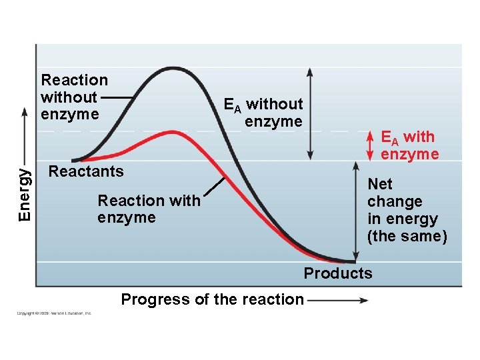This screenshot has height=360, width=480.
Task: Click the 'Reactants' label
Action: coord(86,171)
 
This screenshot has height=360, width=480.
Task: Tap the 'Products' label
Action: coord(338,273)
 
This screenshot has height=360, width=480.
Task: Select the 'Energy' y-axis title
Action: coord(24,194)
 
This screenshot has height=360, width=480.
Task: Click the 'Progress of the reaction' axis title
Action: coord(212,299)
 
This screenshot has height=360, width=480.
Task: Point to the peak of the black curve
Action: coord(175,69)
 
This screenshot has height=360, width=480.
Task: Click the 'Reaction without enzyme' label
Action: coord(74,97)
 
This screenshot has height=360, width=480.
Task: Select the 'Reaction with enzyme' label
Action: coord(148,209)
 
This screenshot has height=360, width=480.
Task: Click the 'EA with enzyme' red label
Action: coord(408,145)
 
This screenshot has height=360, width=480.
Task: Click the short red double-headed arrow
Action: coord(371,145)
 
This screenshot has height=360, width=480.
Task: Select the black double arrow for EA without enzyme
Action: coord(309,113)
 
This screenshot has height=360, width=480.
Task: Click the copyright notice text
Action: coord(55,313)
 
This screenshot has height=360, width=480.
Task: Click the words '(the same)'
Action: coord(407,236)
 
